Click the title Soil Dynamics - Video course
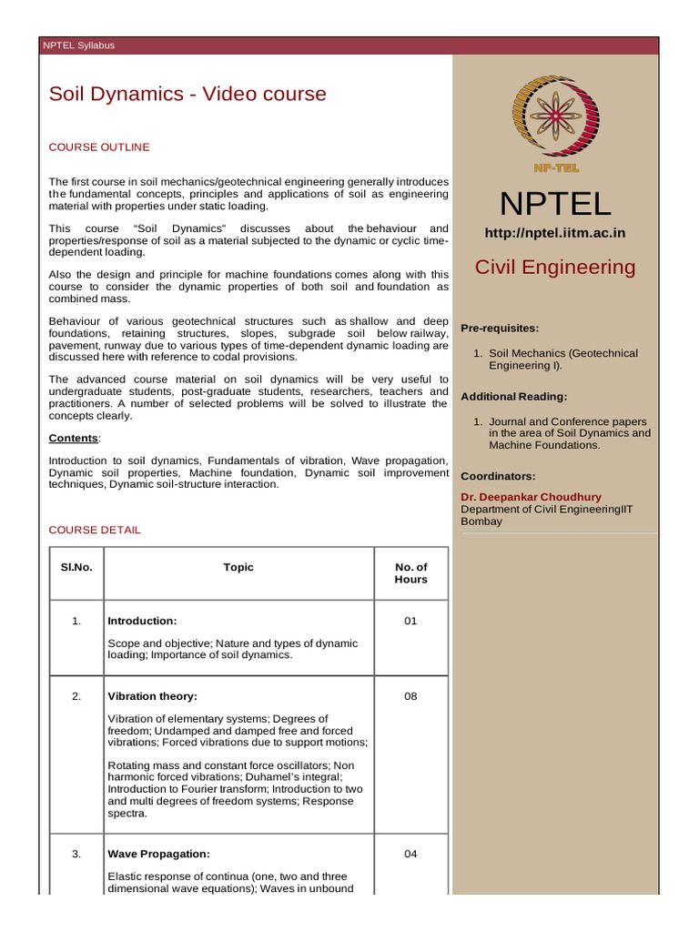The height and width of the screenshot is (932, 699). point(187,94)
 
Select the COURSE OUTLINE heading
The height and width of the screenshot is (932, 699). point(99,147)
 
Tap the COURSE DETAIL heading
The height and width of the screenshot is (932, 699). point(95,530)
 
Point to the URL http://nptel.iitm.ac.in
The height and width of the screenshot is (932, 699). point(555,233)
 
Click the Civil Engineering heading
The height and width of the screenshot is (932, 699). point(556,267)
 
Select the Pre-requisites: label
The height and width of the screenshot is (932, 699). point(500,328)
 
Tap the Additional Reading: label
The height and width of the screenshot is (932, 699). point(514,397)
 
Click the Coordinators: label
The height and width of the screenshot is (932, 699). point(498,476)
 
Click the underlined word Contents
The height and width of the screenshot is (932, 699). point(73,438)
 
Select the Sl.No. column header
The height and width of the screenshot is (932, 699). point(76,567)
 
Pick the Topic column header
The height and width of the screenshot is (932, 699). point(238,567)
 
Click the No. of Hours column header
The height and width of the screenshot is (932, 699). point(410,573)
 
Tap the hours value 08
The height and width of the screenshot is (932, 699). point(410,696)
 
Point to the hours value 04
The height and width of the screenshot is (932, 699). point(410,855)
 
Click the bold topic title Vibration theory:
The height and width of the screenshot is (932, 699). point(152,696)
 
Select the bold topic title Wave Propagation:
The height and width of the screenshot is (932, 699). point(158,855)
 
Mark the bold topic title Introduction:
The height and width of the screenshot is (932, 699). point(142,621)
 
